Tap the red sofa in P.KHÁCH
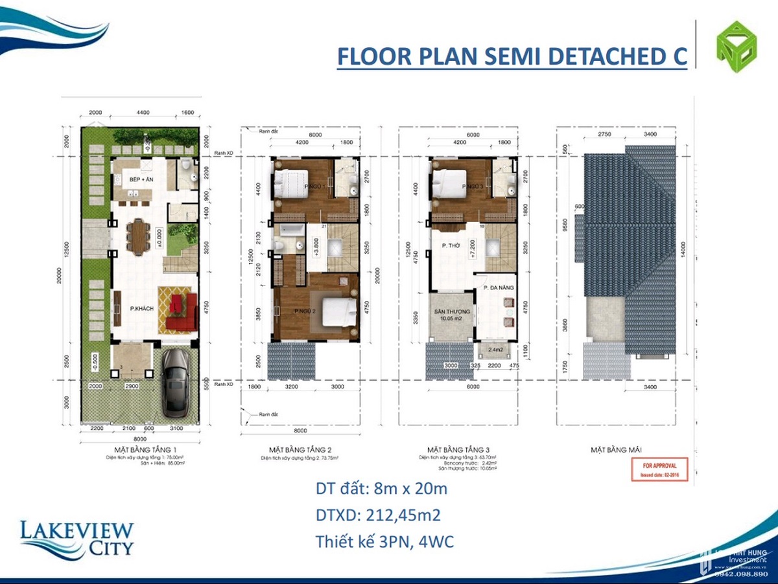(x=182, y=312)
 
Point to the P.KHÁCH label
(x=141, y=309)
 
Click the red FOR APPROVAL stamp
(x=659, y=469)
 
